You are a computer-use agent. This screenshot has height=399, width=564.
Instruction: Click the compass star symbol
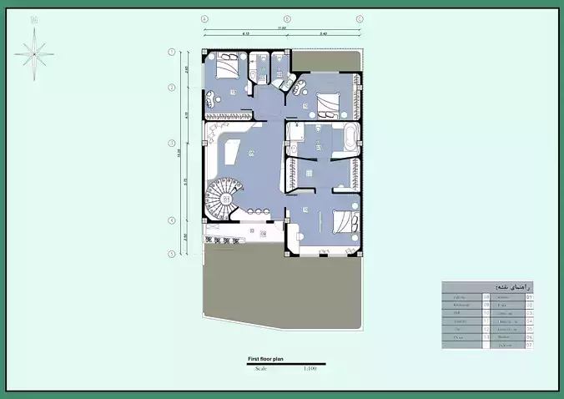point(34,53)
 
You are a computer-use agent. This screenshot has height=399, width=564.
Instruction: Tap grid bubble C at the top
point(360,18)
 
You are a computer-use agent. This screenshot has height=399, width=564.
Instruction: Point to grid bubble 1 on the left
point(173,52)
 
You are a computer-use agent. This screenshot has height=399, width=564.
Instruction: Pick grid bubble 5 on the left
point(173,254)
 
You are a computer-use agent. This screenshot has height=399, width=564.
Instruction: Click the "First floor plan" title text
point(267,360)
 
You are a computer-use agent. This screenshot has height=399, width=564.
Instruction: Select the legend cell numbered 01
point(530,296)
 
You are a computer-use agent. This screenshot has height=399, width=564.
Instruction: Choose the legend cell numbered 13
point(486,336)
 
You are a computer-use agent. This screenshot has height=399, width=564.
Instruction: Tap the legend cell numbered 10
point(486,312)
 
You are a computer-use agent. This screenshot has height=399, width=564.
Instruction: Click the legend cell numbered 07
point(530,345)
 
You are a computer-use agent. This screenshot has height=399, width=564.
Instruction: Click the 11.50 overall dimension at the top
point(282,28)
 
